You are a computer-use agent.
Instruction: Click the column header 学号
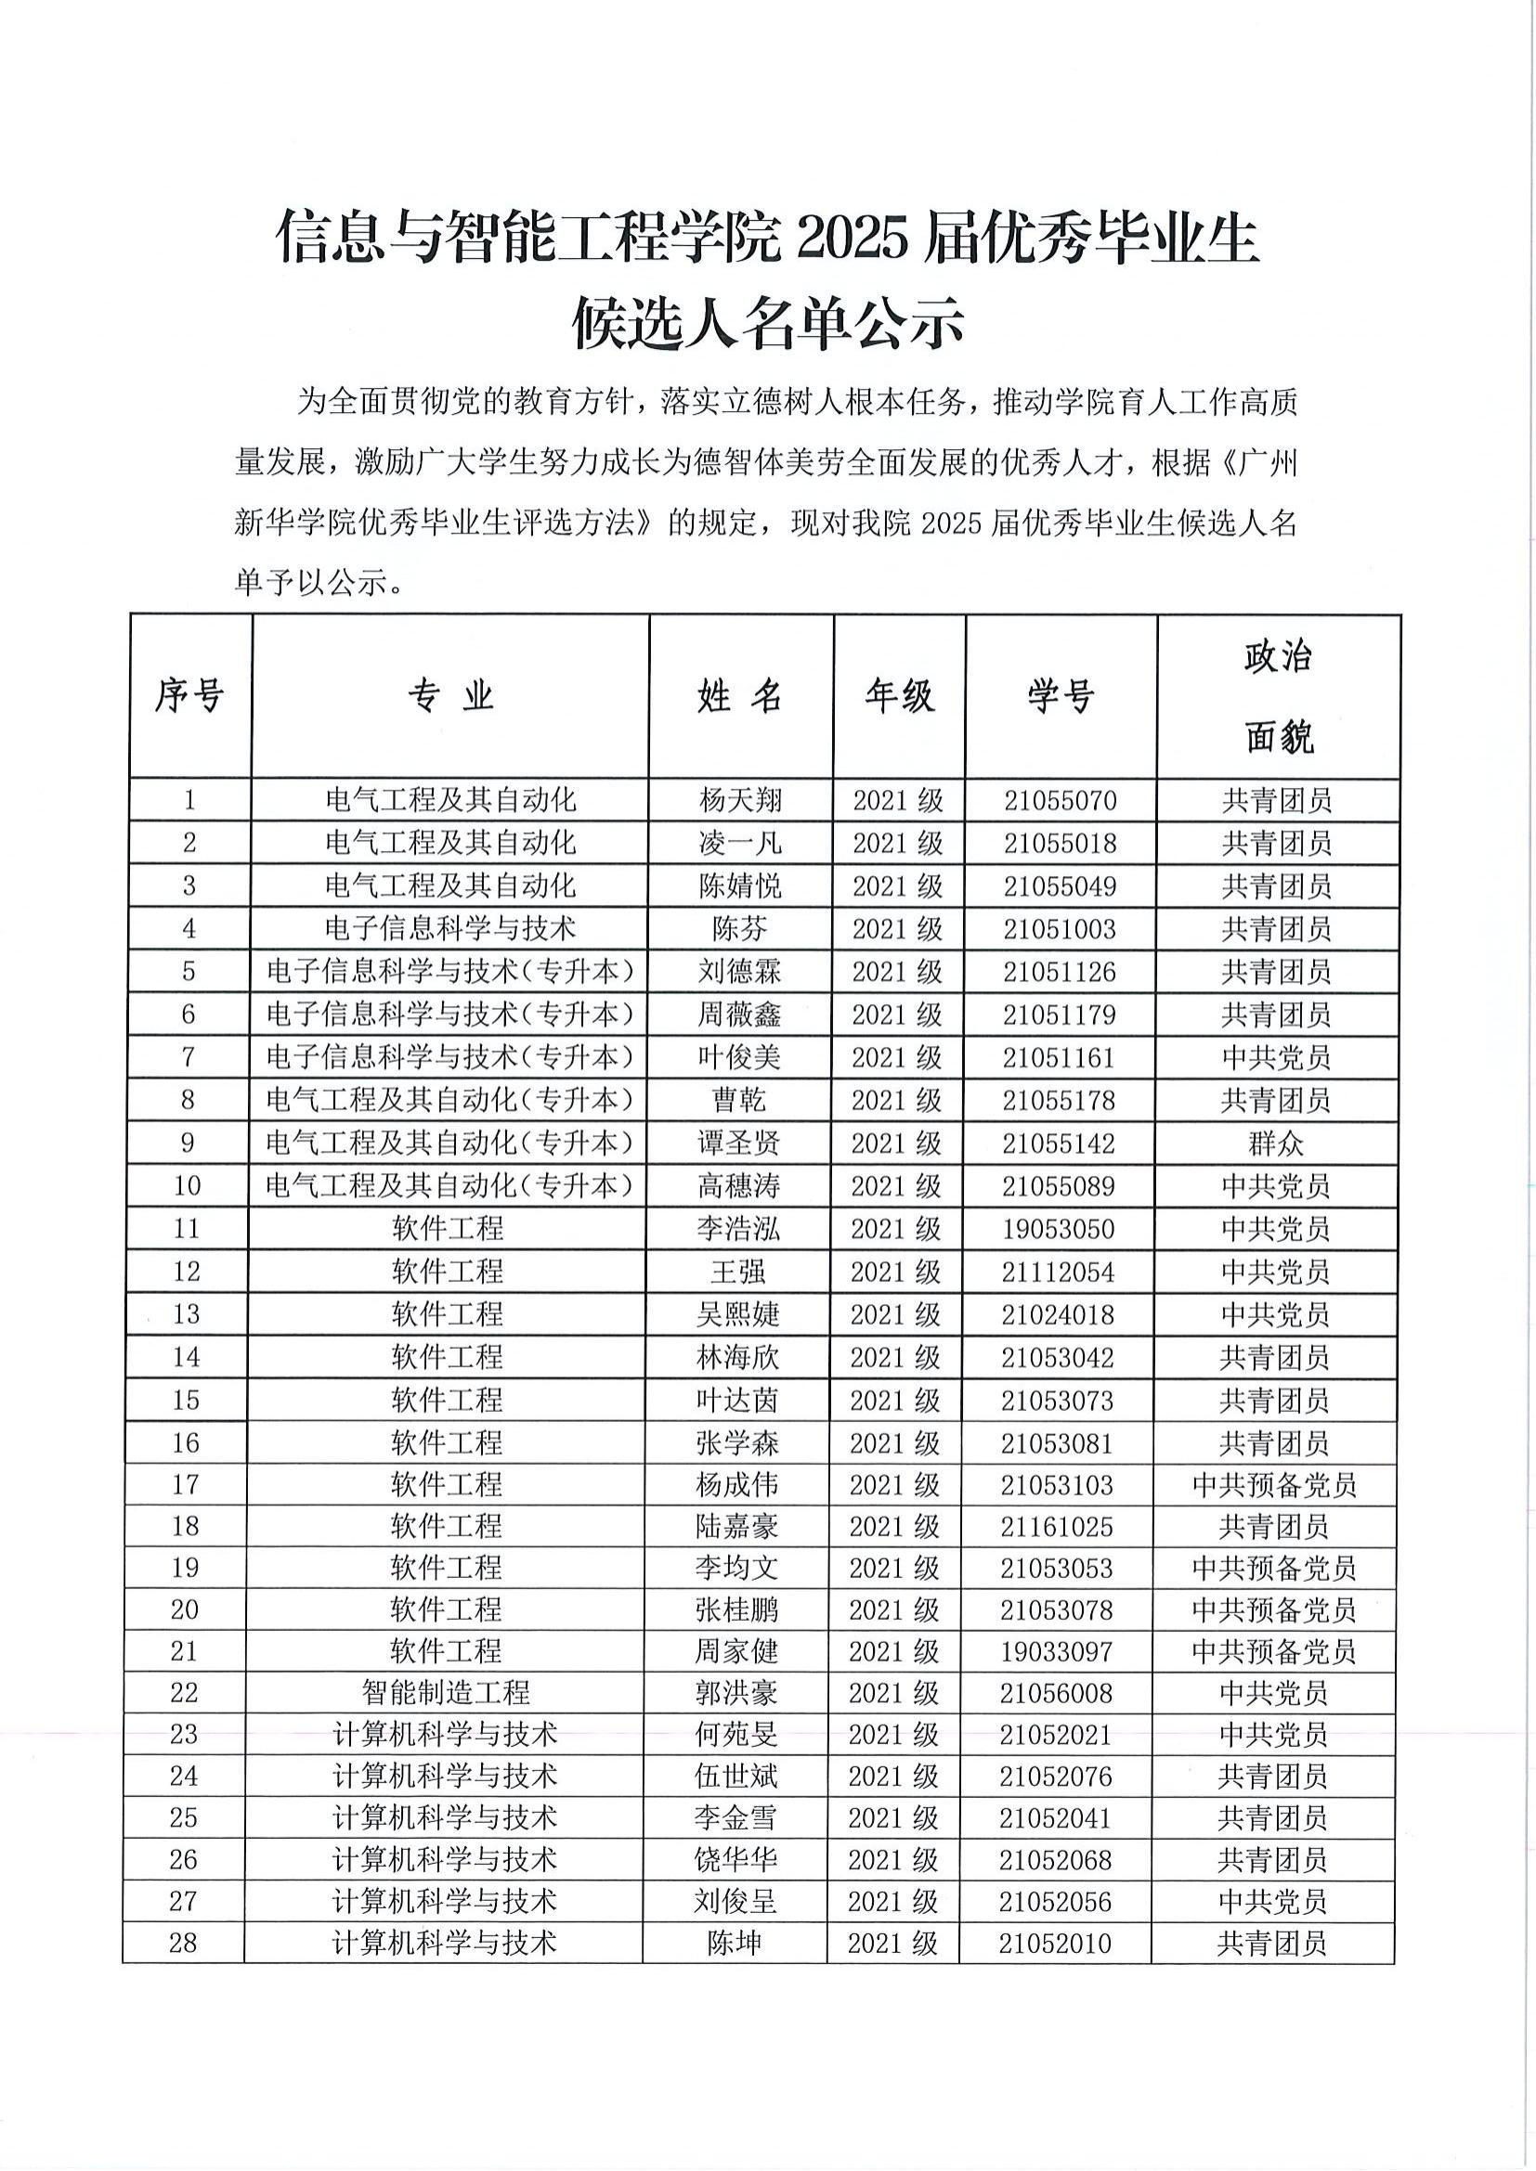point(1061,696)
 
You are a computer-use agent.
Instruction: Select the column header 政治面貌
point(1278,696)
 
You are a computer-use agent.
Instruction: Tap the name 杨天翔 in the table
point(739,801)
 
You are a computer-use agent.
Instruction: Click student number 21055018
point(1061,844)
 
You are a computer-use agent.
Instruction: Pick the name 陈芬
point(739,929)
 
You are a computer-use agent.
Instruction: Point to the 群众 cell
point(1276,1144)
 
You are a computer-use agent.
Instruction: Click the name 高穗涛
point(738,1185)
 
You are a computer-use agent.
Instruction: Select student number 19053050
point(1060,1229)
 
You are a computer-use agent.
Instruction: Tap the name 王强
point(737,1272)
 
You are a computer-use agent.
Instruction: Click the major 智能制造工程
point(446,1693)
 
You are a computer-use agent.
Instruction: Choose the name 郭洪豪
point(735,1693)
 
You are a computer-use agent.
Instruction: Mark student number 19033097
point(1057,1652)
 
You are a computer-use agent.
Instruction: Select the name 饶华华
point(735,1860)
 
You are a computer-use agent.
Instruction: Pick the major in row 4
point(450,929)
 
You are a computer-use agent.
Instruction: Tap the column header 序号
point(189,696)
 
